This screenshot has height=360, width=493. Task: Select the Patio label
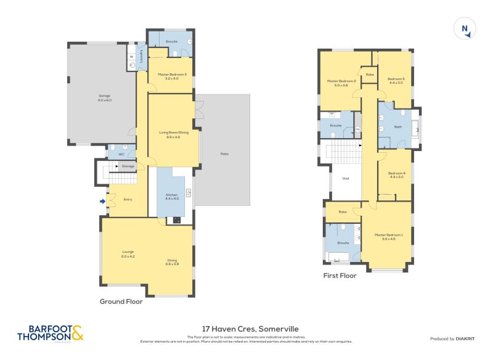pos(224,153)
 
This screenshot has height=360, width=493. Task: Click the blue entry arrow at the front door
pos(103,200)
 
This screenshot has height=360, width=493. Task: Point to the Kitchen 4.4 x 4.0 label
pos(171,197)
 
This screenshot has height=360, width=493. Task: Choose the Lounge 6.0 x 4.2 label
pos(128,253)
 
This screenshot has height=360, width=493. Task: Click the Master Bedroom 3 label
pos(171,76)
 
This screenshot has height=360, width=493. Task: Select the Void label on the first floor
pos(345,179)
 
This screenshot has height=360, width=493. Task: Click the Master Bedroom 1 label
pos(388,236)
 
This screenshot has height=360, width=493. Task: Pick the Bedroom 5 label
pos(395,80)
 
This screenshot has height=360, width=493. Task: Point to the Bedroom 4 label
pos(396,175)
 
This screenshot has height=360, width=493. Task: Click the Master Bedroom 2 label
pos(341,83)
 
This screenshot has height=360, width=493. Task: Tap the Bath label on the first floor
pos(397,127)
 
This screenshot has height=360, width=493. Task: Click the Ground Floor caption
pos(121,302)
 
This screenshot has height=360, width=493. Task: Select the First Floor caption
pos(340,276)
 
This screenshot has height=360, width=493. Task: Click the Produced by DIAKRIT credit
pos(454,339)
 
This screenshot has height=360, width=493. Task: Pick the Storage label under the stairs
pos(128,166)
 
